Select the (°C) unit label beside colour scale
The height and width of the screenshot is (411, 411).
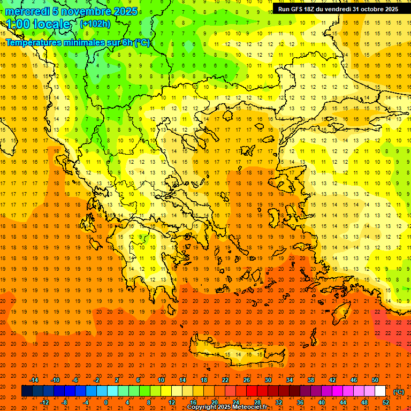pyautogui.click(x=399, y=392)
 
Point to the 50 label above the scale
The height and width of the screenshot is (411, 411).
pyautogui.click(x=375, y=380)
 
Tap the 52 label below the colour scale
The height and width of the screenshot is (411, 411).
pyautogui.click(x=386, y=402)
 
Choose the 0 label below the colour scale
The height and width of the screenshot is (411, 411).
pyautogui.click(x=106, y=402)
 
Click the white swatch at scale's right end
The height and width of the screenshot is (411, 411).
pyautogui.click(x=380, y=391)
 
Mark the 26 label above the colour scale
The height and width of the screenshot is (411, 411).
pyautogui.click(x=247, y=380)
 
